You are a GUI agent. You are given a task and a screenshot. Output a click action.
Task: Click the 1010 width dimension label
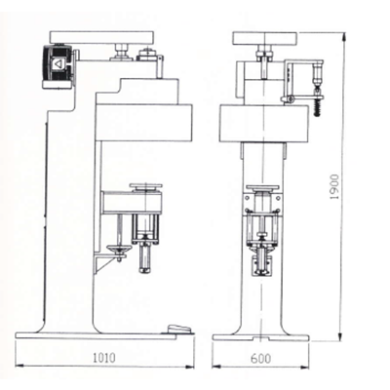pos(104,358)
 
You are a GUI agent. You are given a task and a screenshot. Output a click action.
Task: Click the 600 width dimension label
pos(260,359)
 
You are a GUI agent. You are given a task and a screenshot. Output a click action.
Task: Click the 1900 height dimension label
pos(334,187)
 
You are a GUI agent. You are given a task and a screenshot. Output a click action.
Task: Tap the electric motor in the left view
pos(59,66)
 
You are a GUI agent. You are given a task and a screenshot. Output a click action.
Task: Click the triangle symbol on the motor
pos(58,64)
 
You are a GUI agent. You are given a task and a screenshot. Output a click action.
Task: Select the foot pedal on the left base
pos(178,329)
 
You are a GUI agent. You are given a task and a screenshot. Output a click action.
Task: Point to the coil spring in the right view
pos(317,107)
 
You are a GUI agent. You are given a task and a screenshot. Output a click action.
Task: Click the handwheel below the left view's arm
pos(120,249)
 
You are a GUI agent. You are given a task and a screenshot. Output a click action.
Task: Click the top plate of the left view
pos(101,37)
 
